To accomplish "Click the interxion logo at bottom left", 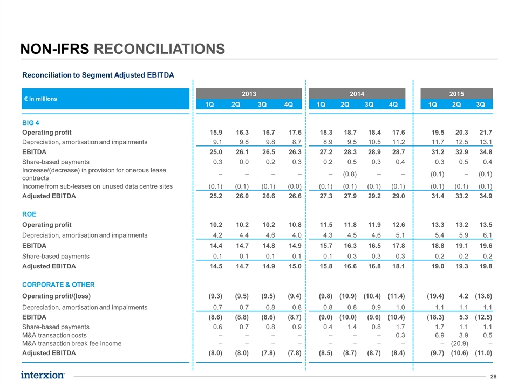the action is pos(43,375).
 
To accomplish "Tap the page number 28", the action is pos(494,377).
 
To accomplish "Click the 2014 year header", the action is pos(357,94).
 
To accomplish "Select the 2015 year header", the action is pos(456,94).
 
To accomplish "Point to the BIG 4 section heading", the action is pos(30,123).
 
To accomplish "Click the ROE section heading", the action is pos(29,214).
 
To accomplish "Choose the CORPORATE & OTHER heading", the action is pos(58,285).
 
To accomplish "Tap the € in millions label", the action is pos(40,99).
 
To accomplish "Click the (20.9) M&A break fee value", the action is pos(460,343).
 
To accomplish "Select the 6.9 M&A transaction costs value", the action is pos(439,335).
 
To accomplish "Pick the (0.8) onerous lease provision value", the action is pos(350,174).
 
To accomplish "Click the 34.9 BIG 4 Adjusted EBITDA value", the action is pos(486,196).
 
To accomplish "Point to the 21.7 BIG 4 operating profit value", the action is pos(486,133).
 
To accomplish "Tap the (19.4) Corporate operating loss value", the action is pos(435,296).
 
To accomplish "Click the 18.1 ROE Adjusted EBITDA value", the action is pos(398,266).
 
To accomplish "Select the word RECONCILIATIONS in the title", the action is pos(160,49).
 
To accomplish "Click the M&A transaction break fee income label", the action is pos(72,343).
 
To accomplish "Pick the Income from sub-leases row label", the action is pos(98,186).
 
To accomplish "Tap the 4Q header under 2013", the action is pos(288,104).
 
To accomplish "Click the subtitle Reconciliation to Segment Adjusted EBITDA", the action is pos(98,75).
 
